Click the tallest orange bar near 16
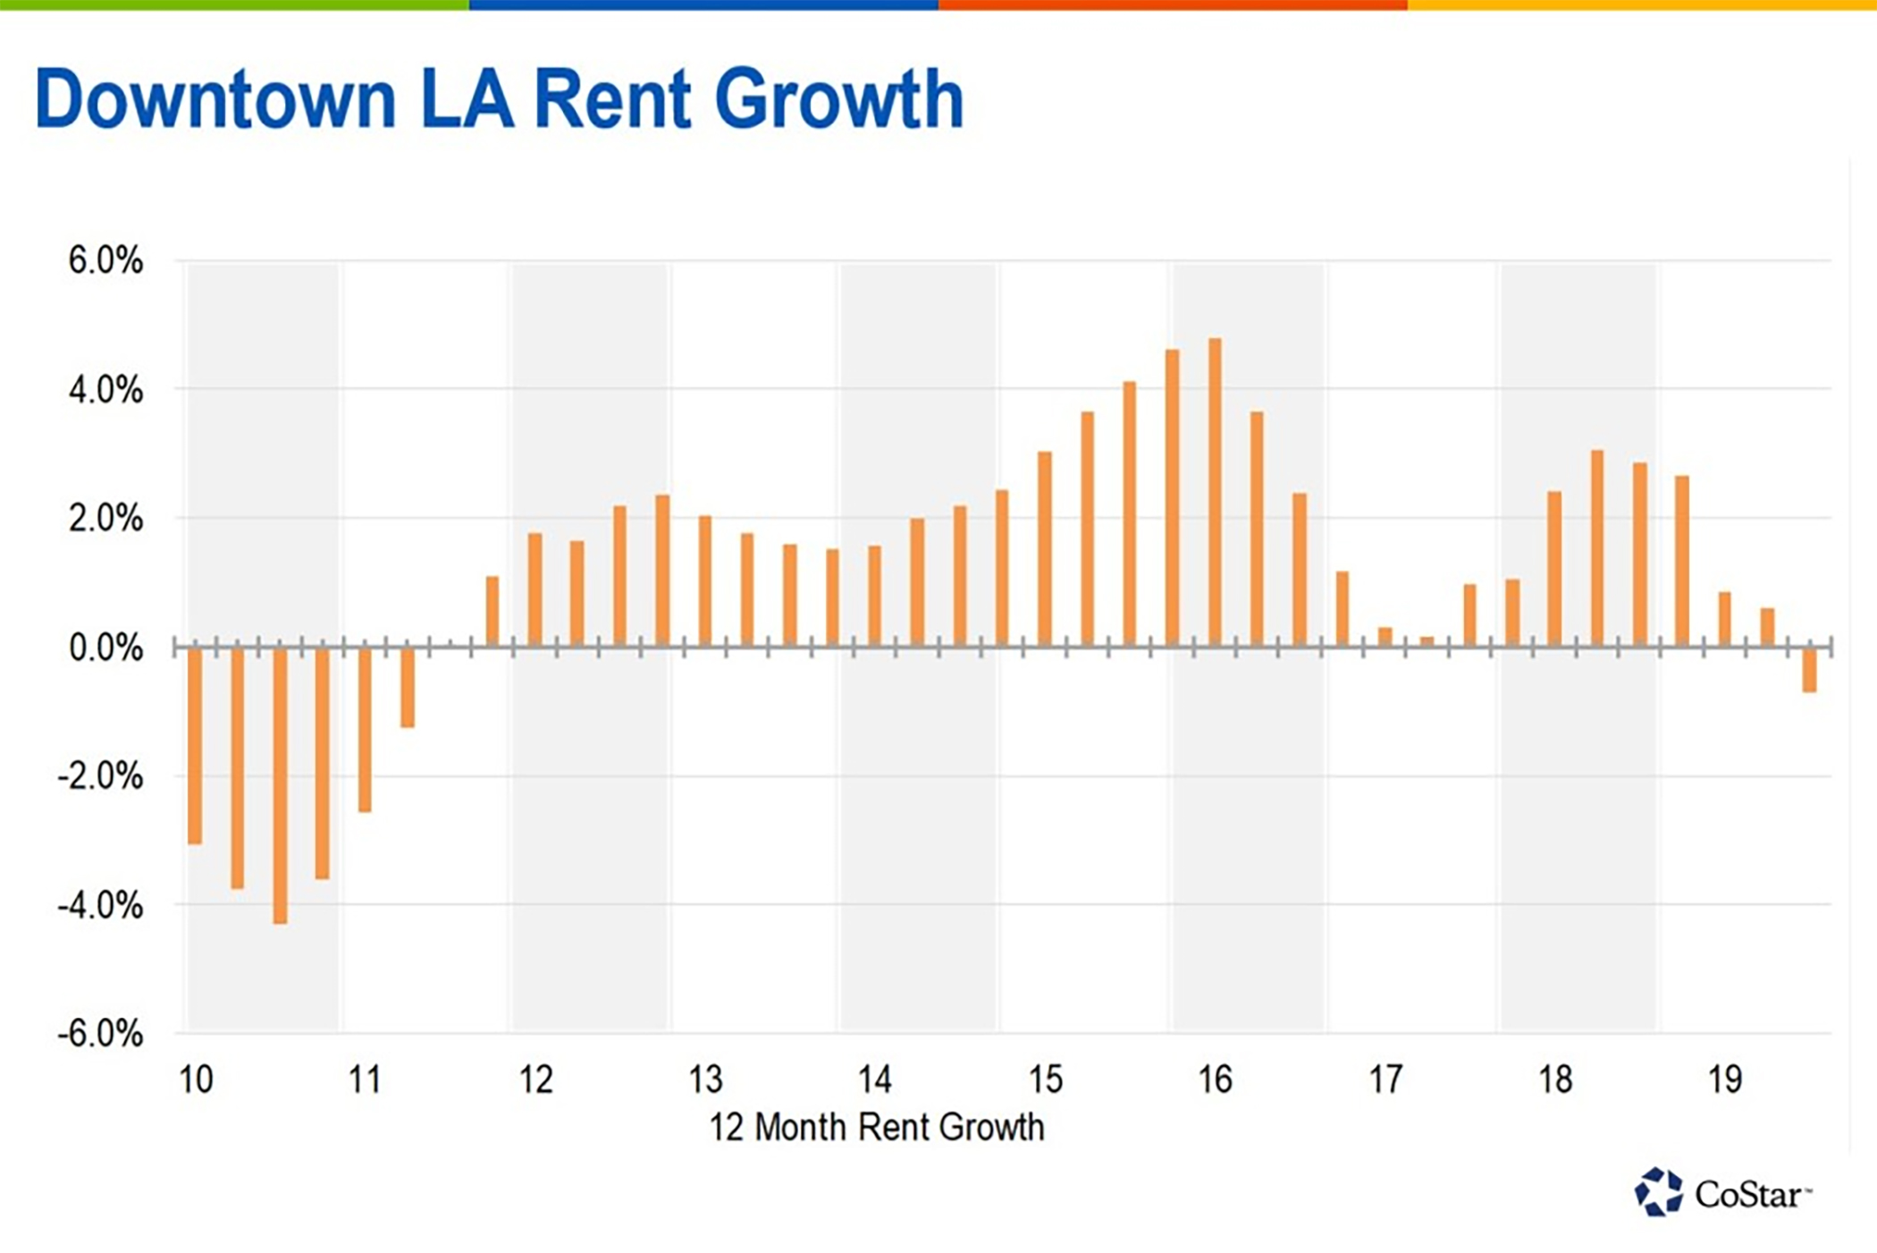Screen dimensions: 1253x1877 (1215, 492)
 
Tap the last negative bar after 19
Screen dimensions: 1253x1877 (1809, 670)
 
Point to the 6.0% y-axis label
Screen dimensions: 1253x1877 (105, 261)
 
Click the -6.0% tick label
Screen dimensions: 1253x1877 (100, 1034)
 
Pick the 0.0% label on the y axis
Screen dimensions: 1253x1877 (105, 648)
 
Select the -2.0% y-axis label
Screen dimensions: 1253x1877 (100, 776)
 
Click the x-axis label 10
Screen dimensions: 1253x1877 (196, 1079)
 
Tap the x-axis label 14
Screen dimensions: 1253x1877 (874, 1079)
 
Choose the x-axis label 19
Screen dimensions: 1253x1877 (1724, 1079)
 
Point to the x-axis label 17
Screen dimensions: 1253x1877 (1385, 1079)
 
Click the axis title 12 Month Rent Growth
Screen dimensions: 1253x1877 (876, 1127)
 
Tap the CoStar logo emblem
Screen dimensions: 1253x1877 (1659, 1192)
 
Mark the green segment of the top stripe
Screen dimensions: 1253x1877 (234, 4)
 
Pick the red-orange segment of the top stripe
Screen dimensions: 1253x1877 (1173, 4)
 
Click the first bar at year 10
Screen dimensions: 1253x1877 (195, 745)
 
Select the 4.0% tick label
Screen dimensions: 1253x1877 (105, 390)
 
